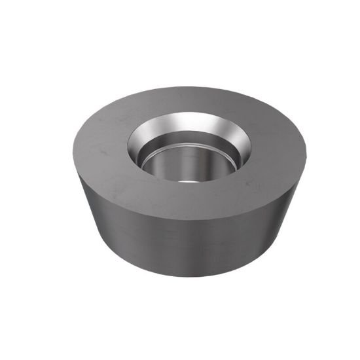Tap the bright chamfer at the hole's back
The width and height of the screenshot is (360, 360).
click(190, 123)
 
